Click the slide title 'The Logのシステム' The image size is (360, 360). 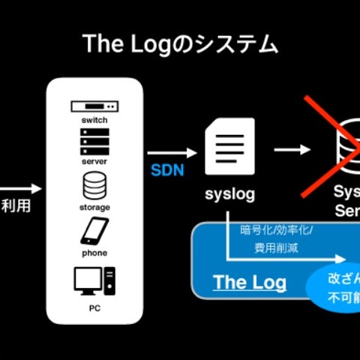click(179, 44)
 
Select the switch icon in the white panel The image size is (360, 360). click(94, 106)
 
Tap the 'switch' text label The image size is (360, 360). click(94, 119)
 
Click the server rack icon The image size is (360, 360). click(94, 140)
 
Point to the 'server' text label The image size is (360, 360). click(94, 160)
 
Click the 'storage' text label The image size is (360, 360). click(94, 206)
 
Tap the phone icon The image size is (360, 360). click(94, 232)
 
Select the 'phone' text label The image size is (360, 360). click(94, 253)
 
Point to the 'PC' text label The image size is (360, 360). click(94, 307)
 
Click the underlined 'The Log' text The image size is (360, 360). click(250, 282)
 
